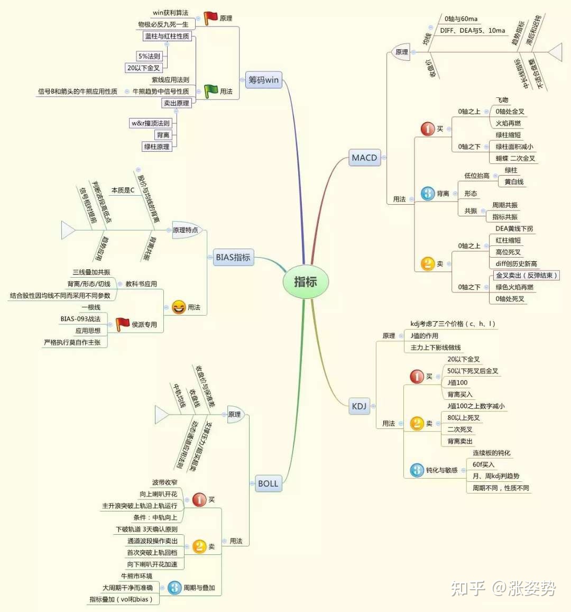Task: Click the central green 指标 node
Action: pos(306,282)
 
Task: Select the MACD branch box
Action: pos(364,158)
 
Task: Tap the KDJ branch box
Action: pos(359,406)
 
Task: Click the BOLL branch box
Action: pos(268,483)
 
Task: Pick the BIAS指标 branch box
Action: pos(233,258)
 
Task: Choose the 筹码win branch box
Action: pos(263,80)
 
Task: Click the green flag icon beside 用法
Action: pos(211,91)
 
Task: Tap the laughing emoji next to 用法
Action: pos(179,307)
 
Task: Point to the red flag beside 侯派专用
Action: pos(122,324)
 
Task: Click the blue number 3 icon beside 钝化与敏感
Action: pos(417,470)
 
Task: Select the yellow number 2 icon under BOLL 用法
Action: pos(199,546)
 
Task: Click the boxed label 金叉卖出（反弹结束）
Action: pos(526,276)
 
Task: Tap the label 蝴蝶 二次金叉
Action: pos(515,158)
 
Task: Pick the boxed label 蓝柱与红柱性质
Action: pos(167,36)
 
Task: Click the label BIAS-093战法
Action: pos(80,319)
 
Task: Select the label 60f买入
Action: pos(483,464)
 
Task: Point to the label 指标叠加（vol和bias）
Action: pos(121,599)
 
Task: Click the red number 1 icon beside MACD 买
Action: pos(427,129)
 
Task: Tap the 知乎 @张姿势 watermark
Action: pos(503,588)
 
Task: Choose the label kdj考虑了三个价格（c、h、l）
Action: pos(453,324)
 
